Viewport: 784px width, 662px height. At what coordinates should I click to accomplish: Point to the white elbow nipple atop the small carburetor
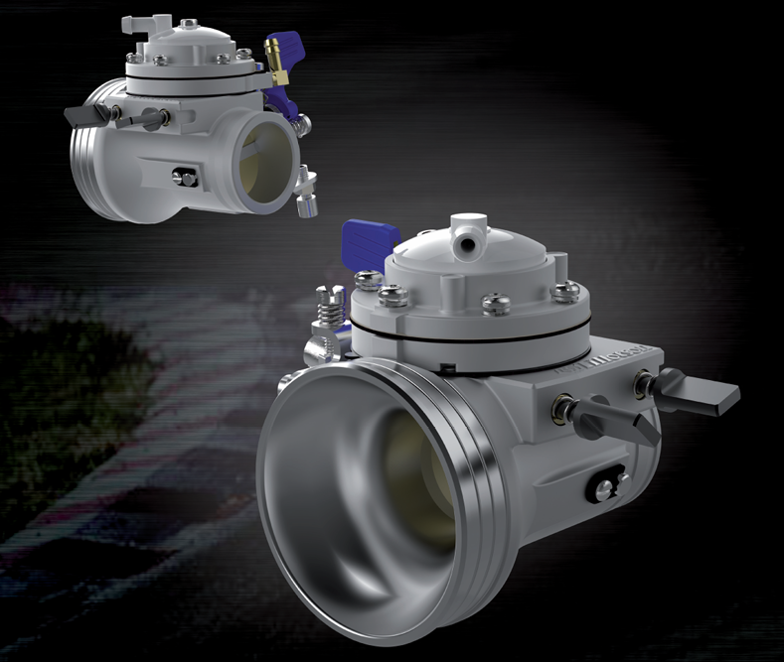click(140, 22)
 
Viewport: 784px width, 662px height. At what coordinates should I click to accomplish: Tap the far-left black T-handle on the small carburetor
click(78, 113)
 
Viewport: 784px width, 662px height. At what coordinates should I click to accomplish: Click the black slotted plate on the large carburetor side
click(604, 486)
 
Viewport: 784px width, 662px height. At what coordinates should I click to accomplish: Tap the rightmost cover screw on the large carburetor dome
click(565, 291)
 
